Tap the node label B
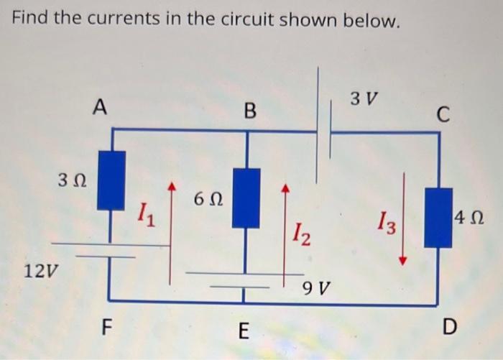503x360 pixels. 249,111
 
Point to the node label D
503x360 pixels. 449,328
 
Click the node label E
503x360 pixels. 243,331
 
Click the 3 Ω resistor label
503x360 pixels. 73,177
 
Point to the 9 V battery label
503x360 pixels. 316,289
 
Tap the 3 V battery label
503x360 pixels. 366,97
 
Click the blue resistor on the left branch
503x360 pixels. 111,180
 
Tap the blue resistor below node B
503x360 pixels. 246,198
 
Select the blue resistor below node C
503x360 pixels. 438,217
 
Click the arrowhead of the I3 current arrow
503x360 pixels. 404,261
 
